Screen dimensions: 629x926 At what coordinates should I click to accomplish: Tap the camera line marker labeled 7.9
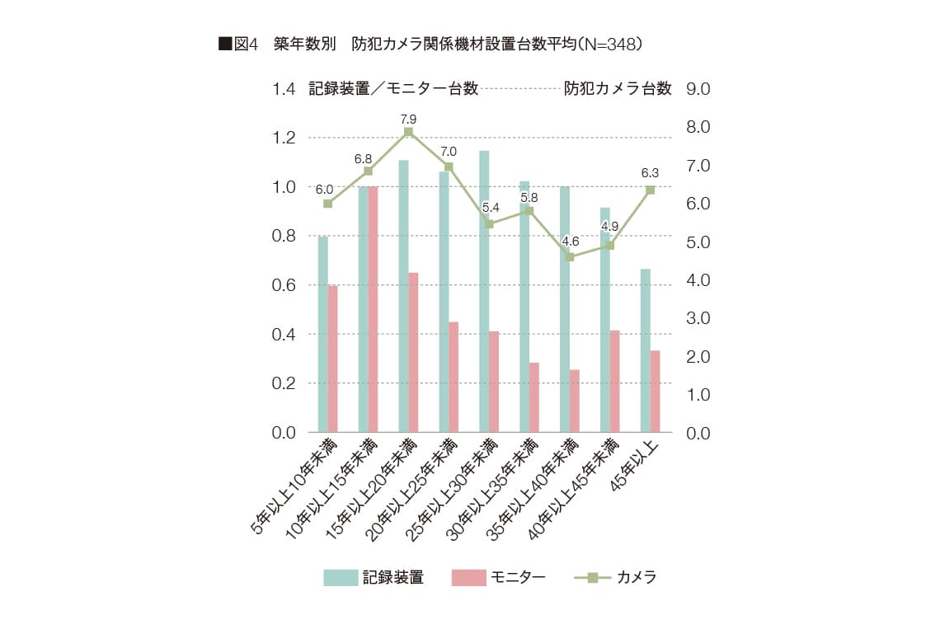[408, 132]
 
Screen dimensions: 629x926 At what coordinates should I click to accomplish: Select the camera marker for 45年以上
[651, 190]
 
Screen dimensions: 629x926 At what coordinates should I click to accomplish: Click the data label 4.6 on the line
[570, 242]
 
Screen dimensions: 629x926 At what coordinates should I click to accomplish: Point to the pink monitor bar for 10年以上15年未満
[373, 309]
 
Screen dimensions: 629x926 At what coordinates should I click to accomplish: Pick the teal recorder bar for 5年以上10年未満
[323, 334]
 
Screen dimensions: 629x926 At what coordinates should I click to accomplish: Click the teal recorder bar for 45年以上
[646, 350]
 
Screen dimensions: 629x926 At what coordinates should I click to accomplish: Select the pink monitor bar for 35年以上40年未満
[575, 401]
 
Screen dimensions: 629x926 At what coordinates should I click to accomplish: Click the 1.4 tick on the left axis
[284, 89]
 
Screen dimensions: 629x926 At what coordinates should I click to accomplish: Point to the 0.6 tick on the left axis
[284, 285]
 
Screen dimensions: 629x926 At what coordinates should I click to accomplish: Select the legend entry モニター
[499, 578]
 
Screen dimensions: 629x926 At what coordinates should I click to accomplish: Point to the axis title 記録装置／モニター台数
[393, 89]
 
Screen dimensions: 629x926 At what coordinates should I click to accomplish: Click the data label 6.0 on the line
[324, 190]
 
